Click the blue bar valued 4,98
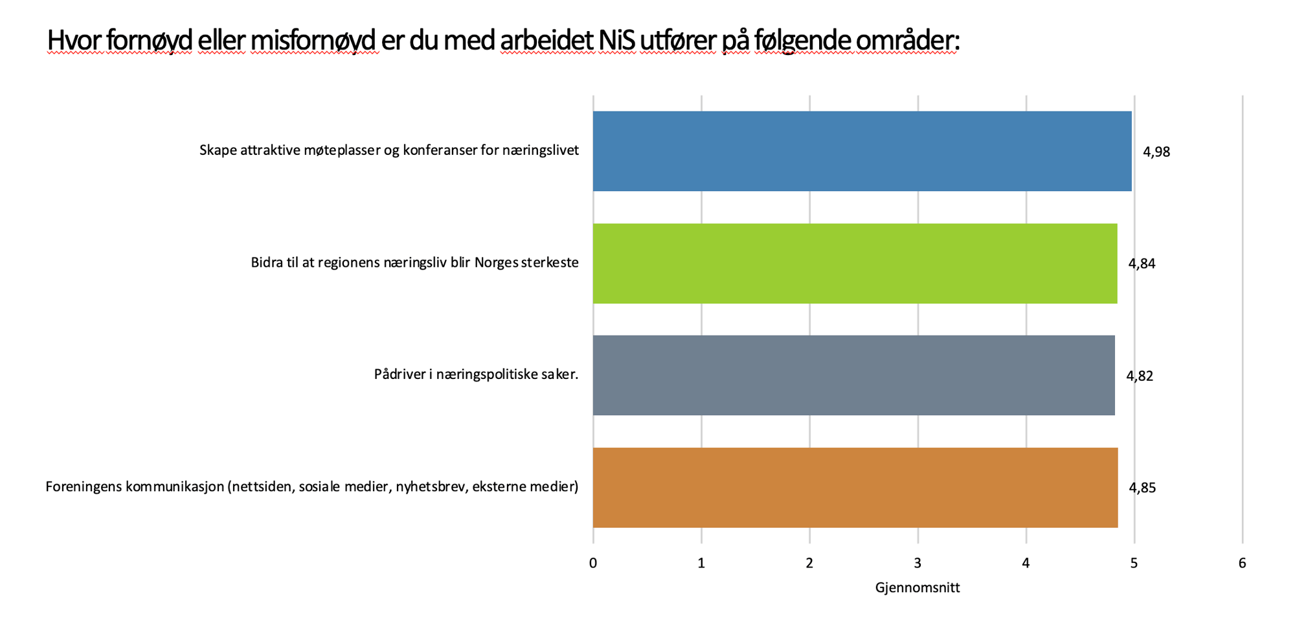(862, 151)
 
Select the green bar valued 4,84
(855, 263)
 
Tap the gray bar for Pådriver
(853, 375)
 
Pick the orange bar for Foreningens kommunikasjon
(855, 487)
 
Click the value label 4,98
(1156, 152)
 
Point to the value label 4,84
(1142, 264)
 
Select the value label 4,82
(1140, 376)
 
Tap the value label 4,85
(1142, 488)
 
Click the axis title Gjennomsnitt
(917, 588)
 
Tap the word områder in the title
(906, 41)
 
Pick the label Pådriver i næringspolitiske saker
(476, 374)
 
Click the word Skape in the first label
(218, 150)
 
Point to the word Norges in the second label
(496, 262)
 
